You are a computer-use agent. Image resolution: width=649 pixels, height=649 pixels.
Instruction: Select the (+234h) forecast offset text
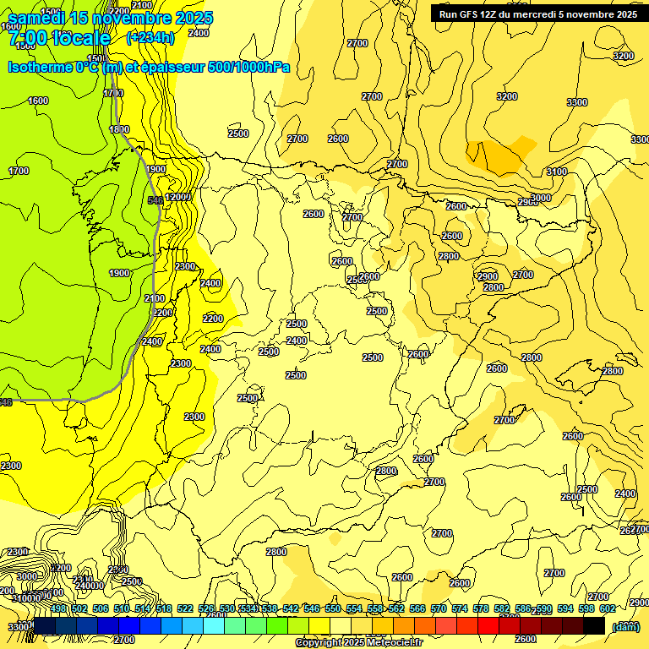click(150, 37)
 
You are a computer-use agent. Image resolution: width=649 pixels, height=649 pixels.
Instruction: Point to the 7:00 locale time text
click(57, 38)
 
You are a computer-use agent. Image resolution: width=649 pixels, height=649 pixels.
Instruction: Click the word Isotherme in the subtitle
click(41, 67)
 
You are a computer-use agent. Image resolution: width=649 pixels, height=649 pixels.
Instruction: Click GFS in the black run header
click(469, 14)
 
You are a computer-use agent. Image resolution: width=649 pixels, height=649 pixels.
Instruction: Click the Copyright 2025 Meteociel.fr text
click(358, 643)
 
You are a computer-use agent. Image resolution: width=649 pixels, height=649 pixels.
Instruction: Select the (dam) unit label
click(624, 626)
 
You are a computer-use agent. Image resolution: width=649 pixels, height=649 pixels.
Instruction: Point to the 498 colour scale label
click(58, 608)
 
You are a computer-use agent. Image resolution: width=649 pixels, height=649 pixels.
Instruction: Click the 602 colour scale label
click(607, 608)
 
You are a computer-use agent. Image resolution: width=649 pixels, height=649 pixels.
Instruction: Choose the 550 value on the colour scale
click(333, 608)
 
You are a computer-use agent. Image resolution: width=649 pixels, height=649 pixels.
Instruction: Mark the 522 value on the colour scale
click(185, 608)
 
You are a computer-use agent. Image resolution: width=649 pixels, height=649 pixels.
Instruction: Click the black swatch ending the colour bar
click(594, 625)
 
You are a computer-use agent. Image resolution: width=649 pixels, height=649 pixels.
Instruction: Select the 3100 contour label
click(557, 172)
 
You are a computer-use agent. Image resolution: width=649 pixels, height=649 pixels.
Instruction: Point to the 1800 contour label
click(119, 129)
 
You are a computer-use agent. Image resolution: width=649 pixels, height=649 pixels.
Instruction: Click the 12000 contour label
click(179, 197)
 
